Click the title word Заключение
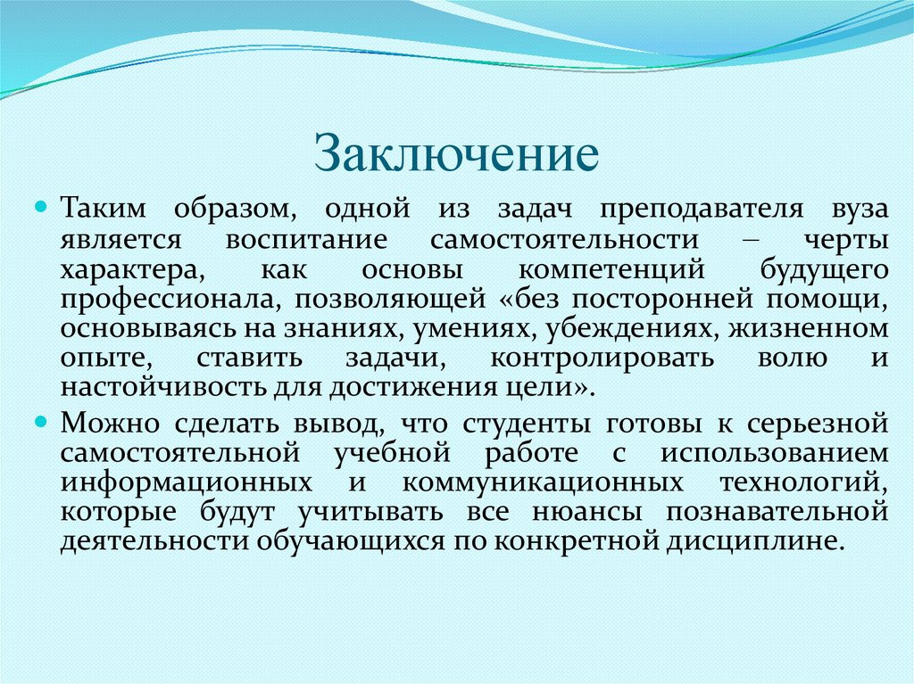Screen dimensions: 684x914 [456, 153]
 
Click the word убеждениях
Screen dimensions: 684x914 [625, 330]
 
